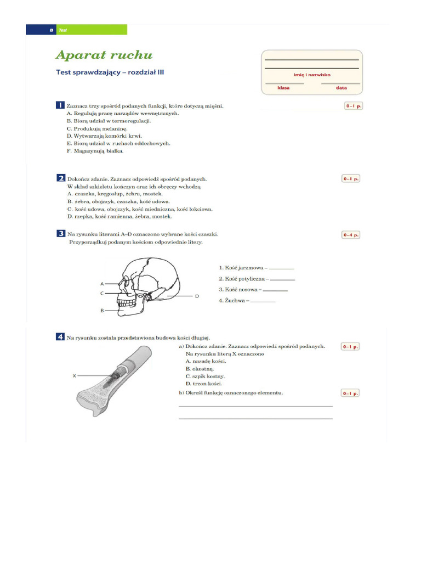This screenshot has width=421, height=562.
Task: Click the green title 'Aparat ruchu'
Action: [x=104, y=55]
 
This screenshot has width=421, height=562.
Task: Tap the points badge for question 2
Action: [x=351, y=178]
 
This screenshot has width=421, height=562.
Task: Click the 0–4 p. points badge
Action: [x=351, y=234]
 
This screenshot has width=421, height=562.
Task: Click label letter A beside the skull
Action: [x=102, y=284]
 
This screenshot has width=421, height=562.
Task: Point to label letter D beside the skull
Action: [x=196, y=296]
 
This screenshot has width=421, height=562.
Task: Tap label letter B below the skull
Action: [x=102, y=311]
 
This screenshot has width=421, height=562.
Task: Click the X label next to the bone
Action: [x=74, y=376]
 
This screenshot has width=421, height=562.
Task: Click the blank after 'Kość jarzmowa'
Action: [x=281, y=268]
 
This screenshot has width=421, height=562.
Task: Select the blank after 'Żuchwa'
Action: [x=263, y=301]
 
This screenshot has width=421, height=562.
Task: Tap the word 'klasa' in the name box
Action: [x=283, y=88]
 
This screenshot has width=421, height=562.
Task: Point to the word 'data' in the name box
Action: [x=342, y=88]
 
